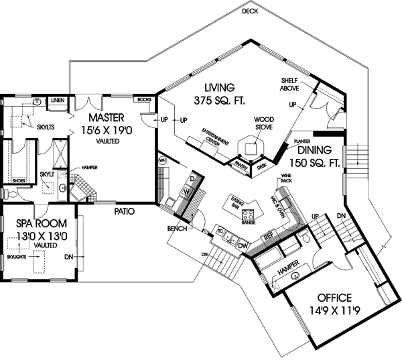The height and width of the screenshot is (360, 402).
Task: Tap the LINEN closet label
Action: pyautogui.click(x=57, y=100)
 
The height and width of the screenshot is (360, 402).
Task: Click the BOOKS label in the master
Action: pyautogui.click(x=143, y=100)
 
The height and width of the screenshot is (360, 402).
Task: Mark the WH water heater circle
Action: pyautogui.click(x=163, y=160)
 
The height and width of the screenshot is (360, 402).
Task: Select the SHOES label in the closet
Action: pyautogui.click(x=19, y=179)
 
